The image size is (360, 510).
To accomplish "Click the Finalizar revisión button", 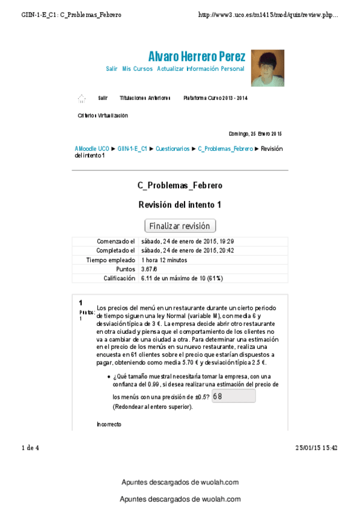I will pos(180,226).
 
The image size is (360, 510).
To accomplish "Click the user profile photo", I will pos(267,68).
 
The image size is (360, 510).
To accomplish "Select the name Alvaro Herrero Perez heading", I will pos(197,57).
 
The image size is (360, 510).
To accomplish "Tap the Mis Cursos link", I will pos(137,69).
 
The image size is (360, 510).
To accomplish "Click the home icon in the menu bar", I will pos(81,98).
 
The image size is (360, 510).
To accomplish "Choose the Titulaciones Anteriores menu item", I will pos(145,98).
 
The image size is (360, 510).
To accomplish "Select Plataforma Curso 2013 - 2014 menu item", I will pos(215,98).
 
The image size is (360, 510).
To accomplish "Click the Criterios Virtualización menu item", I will pos(103,115).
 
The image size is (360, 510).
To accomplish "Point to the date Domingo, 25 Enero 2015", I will pos(255,134).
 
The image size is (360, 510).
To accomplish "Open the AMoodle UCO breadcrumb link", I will pos(92,149).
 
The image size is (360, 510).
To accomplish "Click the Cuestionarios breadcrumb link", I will pos(172,149).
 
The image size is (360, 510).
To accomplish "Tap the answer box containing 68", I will pos(233,396).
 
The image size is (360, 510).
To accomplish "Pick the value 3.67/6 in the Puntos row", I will pos(150,269).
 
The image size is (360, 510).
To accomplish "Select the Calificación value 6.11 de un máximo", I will pos(182,278).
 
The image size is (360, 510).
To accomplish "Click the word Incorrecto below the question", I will pos(109,425).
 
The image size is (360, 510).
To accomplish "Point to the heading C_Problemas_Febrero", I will pos(180,185).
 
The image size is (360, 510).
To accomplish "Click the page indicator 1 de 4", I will pos(30,447).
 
